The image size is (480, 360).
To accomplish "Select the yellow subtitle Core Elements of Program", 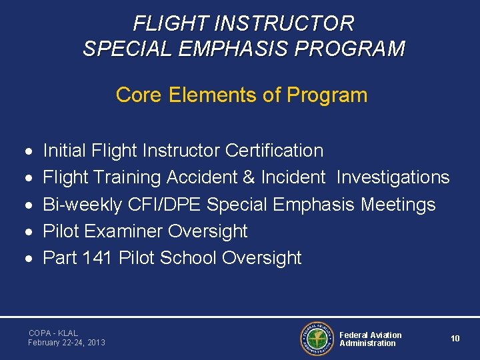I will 241,95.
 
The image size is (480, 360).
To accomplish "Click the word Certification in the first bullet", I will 274,151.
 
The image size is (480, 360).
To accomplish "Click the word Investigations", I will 393,177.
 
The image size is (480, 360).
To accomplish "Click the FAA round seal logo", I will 317,339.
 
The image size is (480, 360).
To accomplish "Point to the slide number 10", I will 455,339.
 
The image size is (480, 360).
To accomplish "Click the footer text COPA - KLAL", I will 53,333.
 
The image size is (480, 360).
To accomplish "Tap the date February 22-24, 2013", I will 66,343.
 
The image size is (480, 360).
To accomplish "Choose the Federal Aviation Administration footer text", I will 370,339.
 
